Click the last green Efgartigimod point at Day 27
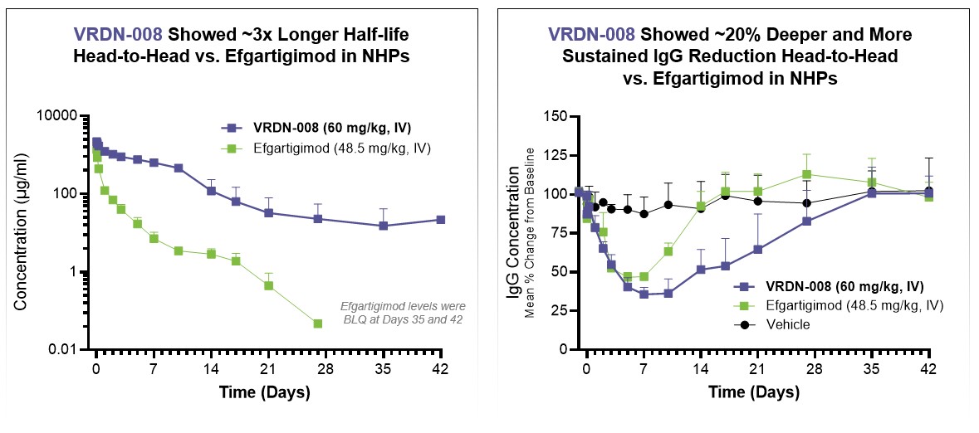pos(317,324)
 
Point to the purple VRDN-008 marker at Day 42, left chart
pos(440,220)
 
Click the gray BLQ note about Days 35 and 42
pos(407,313)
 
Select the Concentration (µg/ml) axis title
pos(22,232)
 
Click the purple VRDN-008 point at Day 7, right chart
pos(644,294)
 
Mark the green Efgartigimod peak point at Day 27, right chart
pos(806,174)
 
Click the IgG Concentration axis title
pos(513,232)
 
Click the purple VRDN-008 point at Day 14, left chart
pos(211,191)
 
